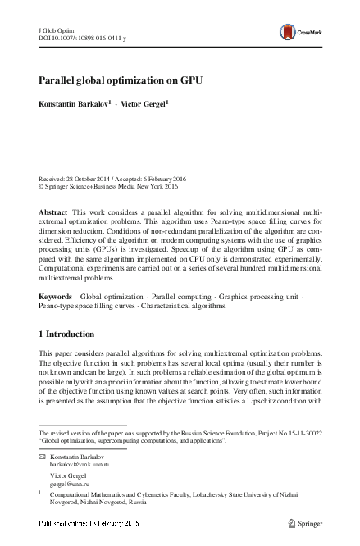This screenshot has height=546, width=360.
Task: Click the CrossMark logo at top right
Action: click(x=298, y=31)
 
